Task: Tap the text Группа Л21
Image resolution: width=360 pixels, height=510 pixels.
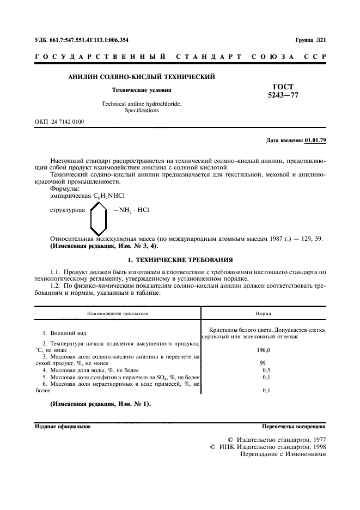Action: pos(310,40)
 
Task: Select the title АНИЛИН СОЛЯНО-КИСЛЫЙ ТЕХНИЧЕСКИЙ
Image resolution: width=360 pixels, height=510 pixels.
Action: pos(141,77)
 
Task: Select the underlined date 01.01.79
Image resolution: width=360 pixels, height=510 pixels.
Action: pos(315,141)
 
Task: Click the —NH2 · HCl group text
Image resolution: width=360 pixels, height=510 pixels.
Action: pos(131,209)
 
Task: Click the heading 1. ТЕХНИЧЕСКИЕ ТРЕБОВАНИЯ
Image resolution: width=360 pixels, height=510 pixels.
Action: pos(180,260)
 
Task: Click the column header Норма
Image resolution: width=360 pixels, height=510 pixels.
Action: pos(264,314)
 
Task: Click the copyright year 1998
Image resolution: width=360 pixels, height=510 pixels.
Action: pos(315,447)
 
